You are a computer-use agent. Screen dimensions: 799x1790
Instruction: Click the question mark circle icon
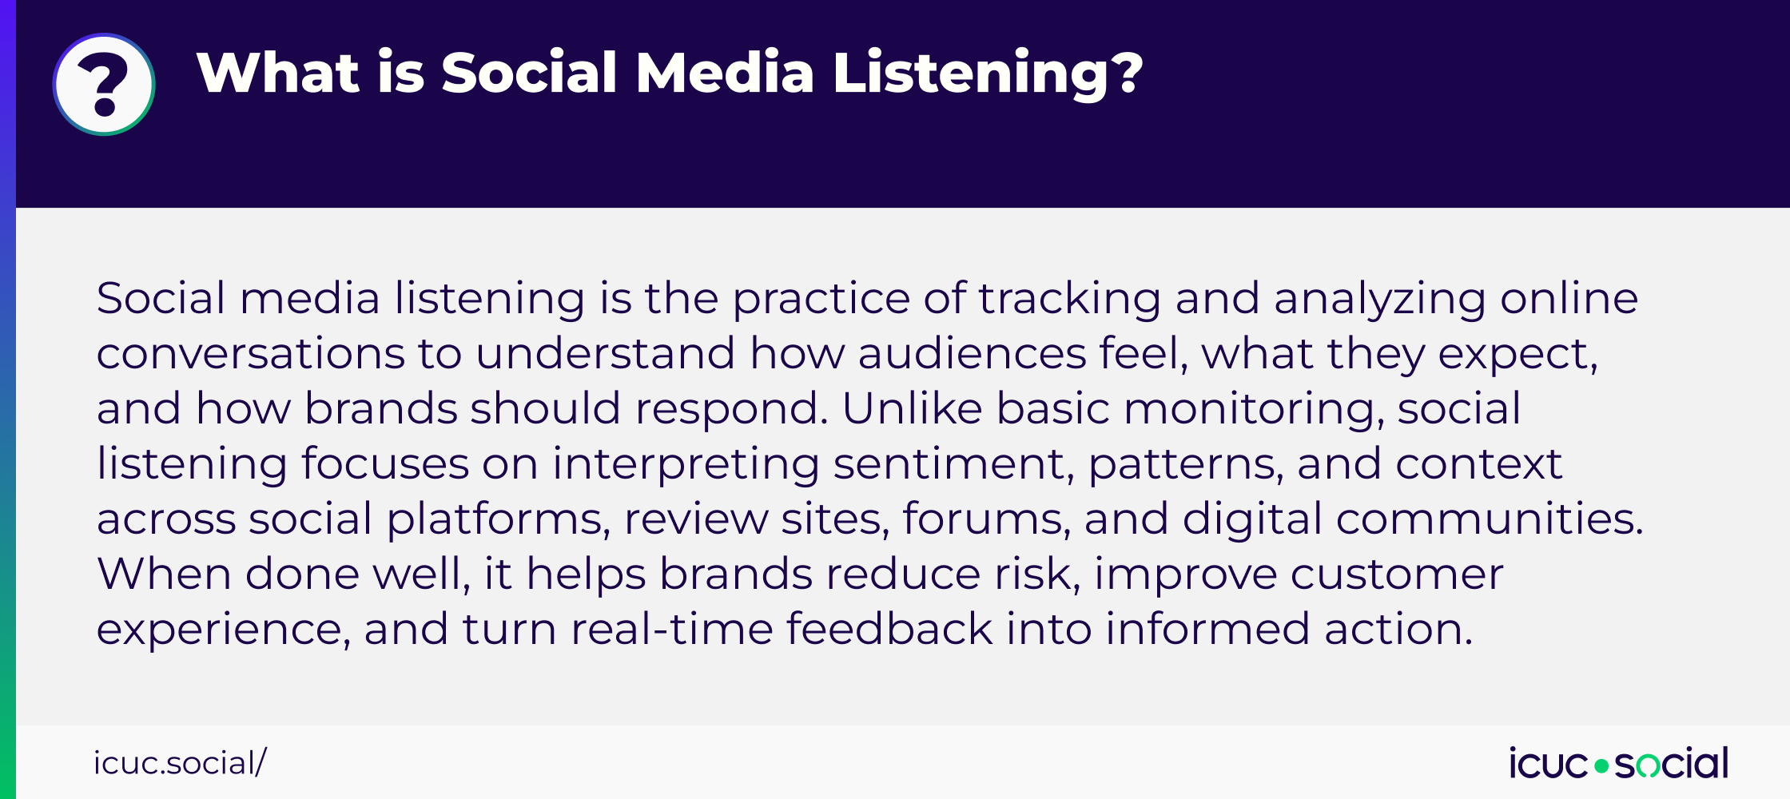tap(104, 84)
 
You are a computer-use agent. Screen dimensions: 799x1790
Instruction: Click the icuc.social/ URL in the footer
tap(180, 763)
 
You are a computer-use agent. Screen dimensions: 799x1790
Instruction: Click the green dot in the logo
tap(1601, 766)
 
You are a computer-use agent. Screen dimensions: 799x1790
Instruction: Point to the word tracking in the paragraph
tap(1070, 300)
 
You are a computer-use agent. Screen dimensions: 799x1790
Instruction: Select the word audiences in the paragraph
tap(972, 354)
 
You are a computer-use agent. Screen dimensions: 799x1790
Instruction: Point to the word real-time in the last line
tap(671, 630)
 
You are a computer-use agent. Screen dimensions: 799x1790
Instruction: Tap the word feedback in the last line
tap(889, 630)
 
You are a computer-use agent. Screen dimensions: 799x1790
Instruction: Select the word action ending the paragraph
tap(1398, 630)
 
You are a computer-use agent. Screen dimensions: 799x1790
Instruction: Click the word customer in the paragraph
tap(1396, 574)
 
